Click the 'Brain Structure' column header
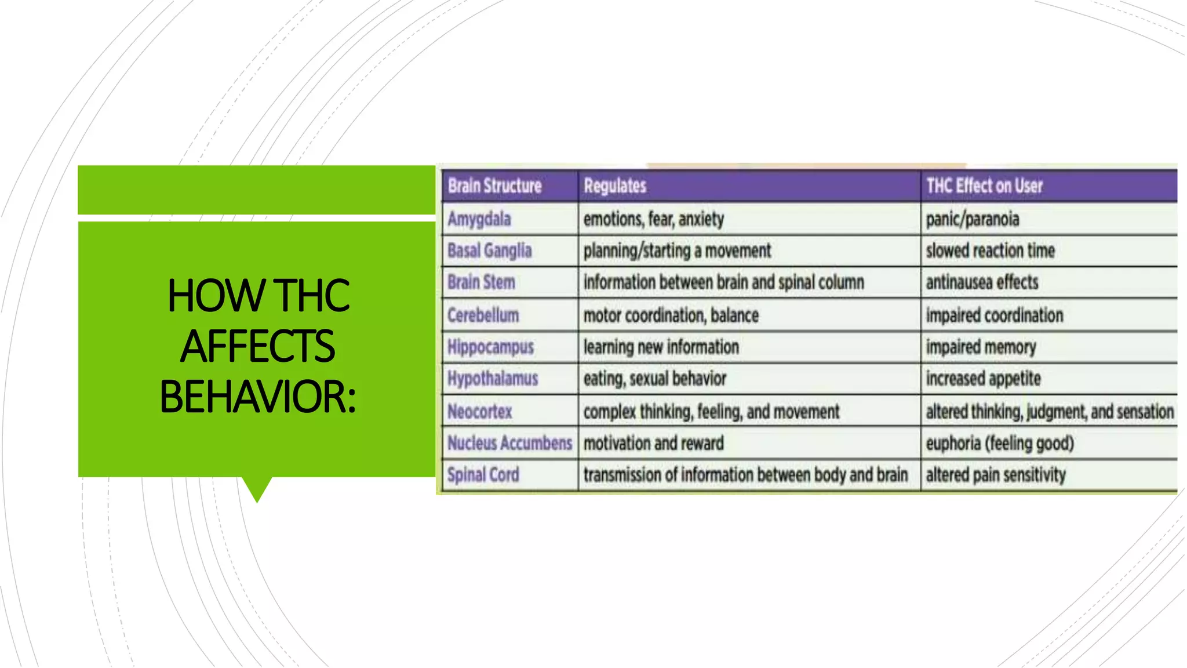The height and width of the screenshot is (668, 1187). (494, 186)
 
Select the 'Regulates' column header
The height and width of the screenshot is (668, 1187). (615, 186)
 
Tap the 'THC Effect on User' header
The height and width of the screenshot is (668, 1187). (984, 186)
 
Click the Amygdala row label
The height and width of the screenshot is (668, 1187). (479, 219)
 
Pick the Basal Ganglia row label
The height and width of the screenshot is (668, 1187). (490, 251)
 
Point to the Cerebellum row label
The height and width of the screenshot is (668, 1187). (483, 315)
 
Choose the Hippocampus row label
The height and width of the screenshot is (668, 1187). (491, 347)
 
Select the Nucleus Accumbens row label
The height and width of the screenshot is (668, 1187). (510, 443)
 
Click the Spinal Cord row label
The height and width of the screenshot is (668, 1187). (483, 475)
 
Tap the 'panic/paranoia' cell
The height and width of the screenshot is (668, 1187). (973, 219)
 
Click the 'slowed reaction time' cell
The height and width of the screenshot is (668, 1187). (991, 251)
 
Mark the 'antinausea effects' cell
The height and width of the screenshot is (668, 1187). (982, 282)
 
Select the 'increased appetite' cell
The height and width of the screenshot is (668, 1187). (984, 379)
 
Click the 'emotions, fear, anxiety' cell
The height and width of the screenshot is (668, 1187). (654, 219)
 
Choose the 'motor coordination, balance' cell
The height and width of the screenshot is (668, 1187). (671, 315)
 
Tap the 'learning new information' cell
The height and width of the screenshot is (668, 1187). (661, 347)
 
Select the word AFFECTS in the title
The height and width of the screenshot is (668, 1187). (257, 346)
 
